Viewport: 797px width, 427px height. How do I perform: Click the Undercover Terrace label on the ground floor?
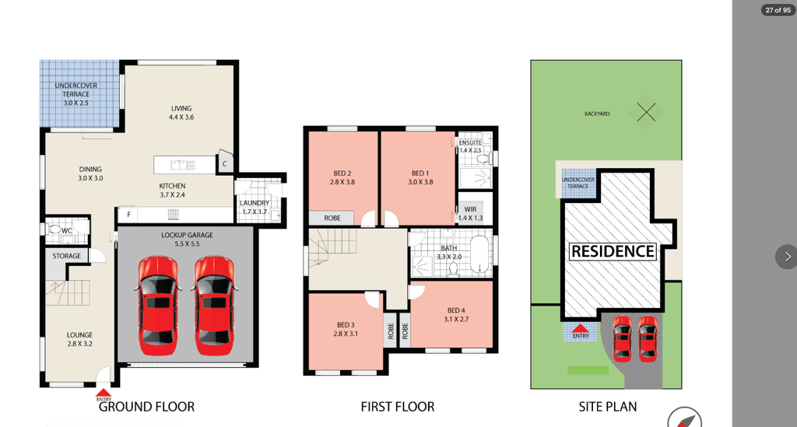[75, 94]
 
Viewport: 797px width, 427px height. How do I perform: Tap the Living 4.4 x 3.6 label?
[181, 113]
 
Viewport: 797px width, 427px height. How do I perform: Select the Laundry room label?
[255, 207]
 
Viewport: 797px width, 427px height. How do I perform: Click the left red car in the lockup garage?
[158, 306]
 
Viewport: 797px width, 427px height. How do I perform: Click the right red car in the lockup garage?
[215, 306]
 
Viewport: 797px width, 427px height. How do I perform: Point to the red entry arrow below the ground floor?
[104, 393]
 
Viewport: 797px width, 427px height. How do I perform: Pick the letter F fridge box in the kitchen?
[128, 215]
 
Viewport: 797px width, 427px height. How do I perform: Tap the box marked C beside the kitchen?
[225, 163]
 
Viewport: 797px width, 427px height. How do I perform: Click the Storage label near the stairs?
[67, 256]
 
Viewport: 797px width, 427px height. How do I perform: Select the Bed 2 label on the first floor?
[342, 177]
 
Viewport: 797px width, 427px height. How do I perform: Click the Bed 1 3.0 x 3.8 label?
[420, 177]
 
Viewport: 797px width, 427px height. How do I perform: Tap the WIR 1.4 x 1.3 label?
[470, 214]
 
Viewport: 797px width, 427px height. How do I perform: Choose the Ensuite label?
[470, 142]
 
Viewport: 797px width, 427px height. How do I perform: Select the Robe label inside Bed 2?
[332, 218]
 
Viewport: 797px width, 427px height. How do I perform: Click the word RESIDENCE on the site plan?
[613, 251]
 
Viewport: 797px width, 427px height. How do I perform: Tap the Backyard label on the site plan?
[597, 114]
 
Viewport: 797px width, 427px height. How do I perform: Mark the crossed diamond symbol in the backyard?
[647, 112]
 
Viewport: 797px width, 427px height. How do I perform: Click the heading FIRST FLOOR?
[398, 407]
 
